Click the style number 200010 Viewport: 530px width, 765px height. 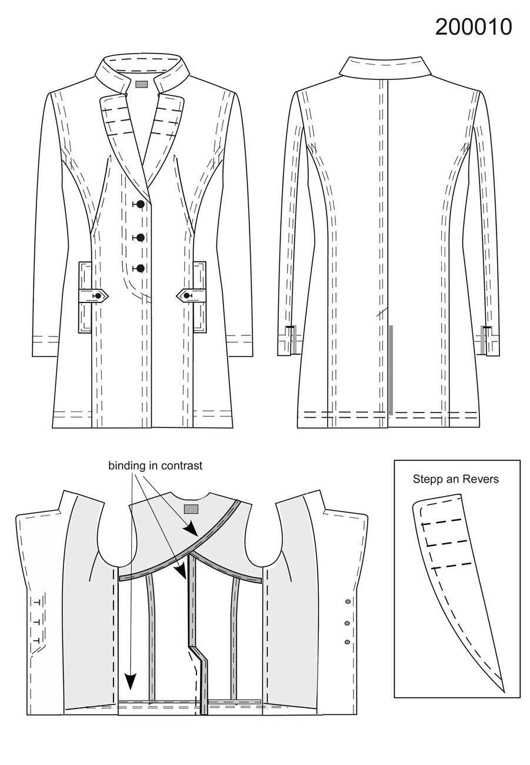474,27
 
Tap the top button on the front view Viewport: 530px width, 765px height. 140,204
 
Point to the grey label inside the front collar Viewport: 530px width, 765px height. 141,84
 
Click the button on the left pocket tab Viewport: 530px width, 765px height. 99,295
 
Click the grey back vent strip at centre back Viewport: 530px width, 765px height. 391,370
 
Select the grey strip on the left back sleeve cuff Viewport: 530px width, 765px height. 294,340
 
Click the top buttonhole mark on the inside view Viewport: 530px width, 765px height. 38,603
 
